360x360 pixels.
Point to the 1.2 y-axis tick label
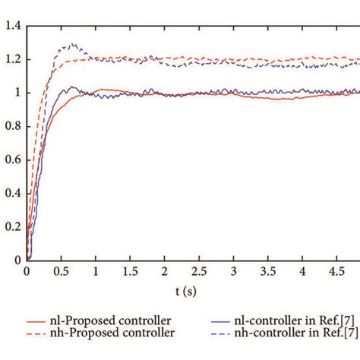[12, 60]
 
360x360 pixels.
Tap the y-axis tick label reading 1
[17, 93]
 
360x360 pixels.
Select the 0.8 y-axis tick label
[12, 126]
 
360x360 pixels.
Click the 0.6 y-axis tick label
[12, 159]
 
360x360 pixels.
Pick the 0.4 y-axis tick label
[12, 193]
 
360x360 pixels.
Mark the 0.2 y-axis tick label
[12, 226]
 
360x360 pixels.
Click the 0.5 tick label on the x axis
[61, 272]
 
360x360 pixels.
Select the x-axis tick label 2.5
[199, 272]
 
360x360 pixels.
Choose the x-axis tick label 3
[234, 272]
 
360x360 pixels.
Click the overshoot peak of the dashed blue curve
[73, 45]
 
